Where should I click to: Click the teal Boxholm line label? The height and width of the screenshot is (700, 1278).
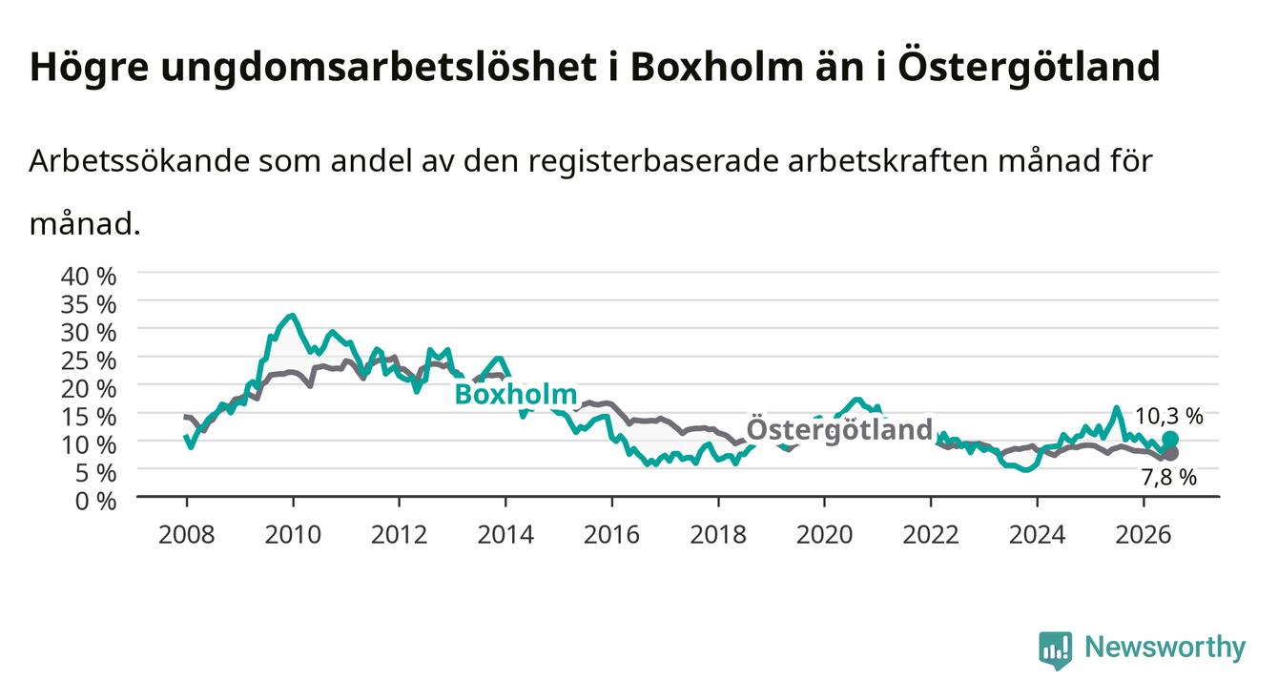[516, 394]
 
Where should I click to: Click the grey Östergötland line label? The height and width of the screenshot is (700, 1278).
[839, 429]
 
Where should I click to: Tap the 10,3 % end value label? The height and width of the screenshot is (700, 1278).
[1168, 417]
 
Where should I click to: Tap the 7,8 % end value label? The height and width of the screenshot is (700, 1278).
[1168, 477]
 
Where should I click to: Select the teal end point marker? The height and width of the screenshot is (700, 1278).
[1170, 439]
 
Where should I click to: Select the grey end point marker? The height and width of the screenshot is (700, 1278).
[1170, 454]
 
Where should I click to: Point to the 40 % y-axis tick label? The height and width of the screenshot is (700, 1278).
[89, 277]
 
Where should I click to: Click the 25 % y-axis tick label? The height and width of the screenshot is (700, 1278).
[89, 361]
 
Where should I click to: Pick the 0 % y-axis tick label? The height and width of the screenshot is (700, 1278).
[95, 502]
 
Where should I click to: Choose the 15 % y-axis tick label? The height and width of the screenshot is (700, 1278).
[89, 417]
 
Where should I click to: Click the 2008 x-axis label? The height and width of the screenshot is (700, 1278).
[186, 535]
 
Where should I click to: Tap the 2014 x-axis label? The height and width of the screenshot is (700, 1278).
[505, 535]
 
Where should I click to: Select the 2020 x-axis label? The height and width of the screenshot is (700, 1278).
[824, 535]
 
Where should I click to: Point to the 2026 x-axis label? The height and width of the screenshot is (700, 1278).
[1144, 535]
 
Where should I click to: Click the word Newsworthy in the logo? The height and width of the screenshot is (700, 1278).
[1165, 648]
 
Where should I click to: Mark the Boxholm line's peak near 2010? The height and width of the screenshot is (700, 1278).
[293, 315]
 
